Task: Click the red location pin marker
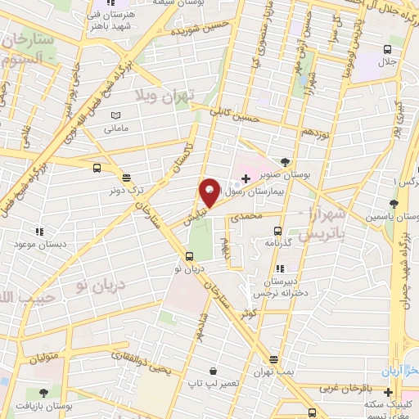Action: (x=209, y=193)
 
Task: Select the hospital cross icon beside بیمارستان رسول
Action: (x=246, y=178)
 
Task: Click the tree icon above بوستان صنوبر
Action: (x=284, y=161)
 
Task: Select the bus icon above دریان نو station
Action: (x=178, y=255)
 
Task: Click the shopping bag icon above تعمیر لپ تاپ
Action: (x=213, y=371)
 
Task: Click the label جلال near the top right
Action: (x=386, y=61)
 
